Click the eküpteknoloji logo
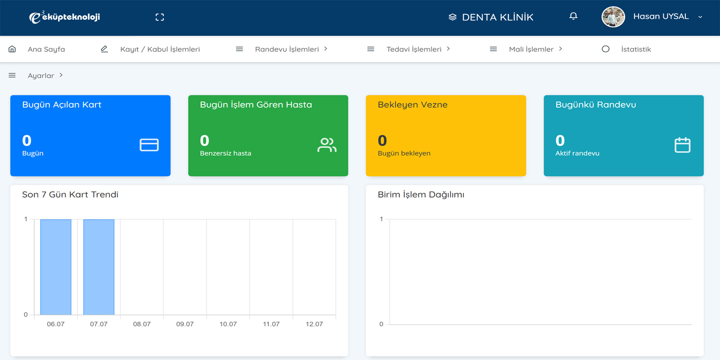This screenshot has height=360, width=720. (65, 17)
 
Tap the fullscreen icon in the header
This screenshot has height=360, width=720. (160, 17)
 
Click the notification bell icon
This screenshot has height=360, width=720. (573, 16)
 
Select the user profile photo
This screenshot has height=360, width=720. (613, 17)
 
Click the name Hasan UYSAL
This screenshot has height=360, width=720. (661, 16)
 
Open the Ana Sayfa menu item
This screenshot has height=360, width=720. (46, 49)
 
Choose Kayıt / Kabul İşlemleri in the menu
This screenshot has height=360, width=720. (160, 49)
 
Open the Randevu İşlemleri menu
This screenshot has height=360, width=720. (287, 49)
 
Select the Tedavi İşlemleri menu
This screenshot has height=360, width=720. (414, 49)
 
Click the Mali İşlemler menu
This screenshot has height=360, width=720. (531, 49)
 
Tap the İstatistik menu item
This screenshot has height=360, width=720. (636, 49)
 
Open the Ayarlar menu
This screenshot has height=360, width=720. (41, 76)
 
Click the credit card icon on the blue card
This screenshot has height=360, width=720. (149, 145)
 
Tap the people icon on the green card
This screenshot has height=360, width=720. (327, 145)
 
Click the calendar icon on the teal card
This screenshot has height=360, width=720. (682, 145)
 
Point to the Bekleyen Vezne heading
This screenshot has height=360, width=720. (412, 105)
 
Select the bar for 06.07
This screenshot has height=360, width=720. (56, 267)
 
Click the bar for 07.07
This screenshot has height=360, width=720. (99, 267)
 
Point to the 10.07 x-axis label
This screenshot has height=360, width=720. (228, 324)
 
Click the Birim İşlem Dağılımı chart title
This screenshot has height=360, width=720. (421, 195)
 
